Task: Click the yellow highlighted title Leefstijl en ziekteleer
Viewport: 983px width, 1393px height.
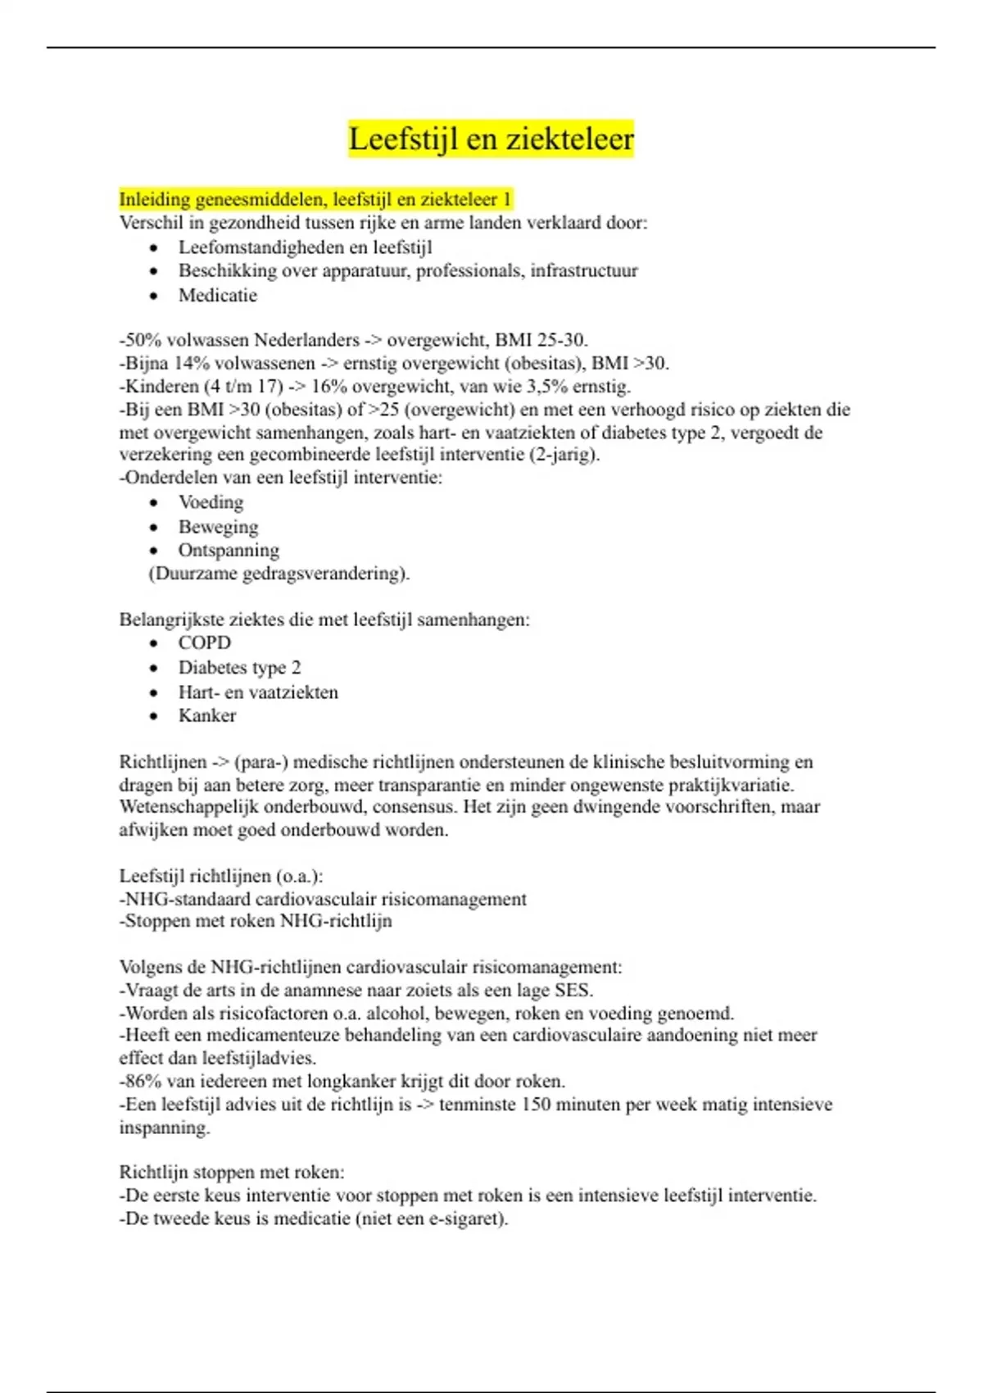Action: click(x=491, y=138)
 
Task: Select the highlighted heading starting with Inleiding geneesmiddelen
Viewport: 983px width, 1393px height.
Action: click(x=315, y=199)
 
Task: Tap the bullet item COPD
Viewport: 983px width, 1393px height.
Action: click(x=205, y=643)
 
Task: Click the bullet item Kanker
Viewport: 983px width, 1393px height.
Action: click(x=207, y=715)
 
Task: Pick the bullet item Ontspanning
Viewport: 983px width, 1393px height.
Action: click(x=229, y=550)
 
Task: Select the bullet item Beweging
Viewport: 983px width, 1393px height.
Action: click(x=218, y=526)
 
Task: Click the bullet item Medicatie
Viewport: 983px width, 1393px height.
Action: click(x=218, y=295)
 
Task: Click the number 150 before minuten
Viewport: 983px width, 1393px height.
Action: click(x=536, y=1104)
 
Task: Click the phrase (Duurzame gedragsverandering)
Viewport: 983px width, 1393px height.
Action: click(x=279, y=573)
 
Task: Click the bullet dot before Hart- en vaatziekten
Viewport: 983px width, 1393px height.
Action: click(x=154, y=692)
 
